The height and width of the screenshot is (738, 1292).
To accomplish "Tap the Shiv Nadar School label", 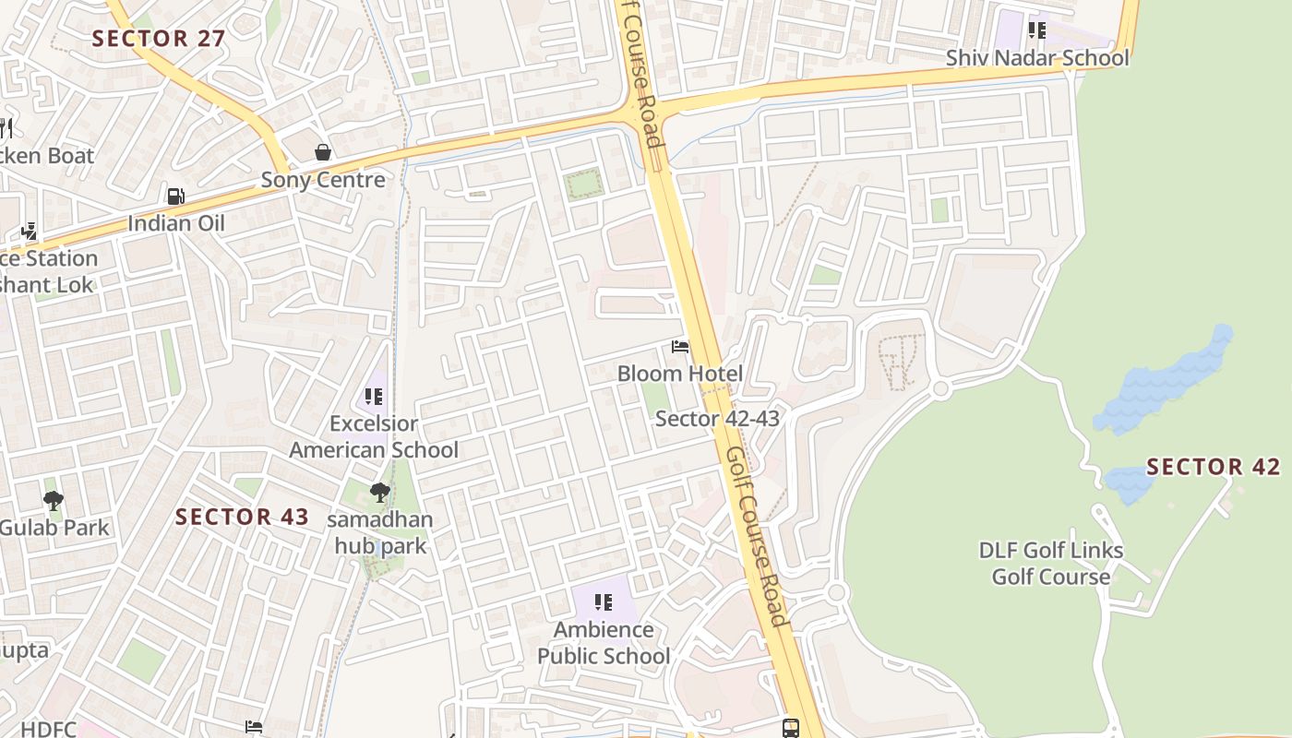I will click(x=1037, y=58).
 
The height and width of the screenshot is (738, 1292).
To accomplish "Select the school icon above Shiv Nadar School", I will click(x=1037, y=30).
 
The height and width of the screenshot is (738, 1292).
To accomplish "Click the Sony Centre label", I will click(x=323, y=180).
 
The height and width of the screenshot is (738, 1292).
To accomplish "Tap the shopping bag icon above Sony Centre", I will click(x=323, y=152).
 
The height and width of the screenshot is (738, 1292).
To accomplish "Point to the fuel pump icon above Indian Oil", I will click(x=175, y=196).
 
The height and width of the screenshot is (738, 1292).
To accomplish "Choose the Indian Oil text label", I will click(x=175, y=223).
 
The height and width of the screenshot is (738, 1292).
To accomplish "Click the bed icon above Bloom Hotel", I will click(x=680, y=347).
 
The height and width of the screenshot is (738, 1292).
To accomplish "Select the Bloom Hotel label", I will click(x=680, y=374).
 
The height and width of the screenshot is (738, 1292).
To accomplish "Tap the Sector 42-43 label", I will click(x=717, y=419).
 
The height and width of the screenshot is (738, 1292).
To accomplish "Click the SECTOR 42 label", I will click(x=1214, y=467).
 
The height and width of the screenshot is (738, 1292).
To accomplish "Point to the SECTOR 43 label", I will click(x=242, y=517).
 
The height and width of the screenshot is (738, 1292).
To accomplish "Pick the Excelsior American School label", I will click(x=374, y=437).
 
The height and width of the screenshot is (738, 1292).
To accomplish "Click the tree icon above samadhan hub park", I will click(x=379, y=492).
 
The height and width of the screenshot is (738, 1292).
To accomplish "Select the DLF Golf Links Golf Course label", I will click(x=1051, y=564).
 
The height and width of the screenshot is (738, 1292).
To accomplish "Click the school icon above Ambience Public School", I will click(x=604, y=602).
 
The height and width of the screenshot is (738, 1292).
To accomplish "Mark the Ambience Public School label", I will click(x=604, y=643).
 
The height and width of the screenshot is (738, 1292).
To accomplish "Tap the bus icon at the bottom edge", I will click(x=791, y=728).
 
